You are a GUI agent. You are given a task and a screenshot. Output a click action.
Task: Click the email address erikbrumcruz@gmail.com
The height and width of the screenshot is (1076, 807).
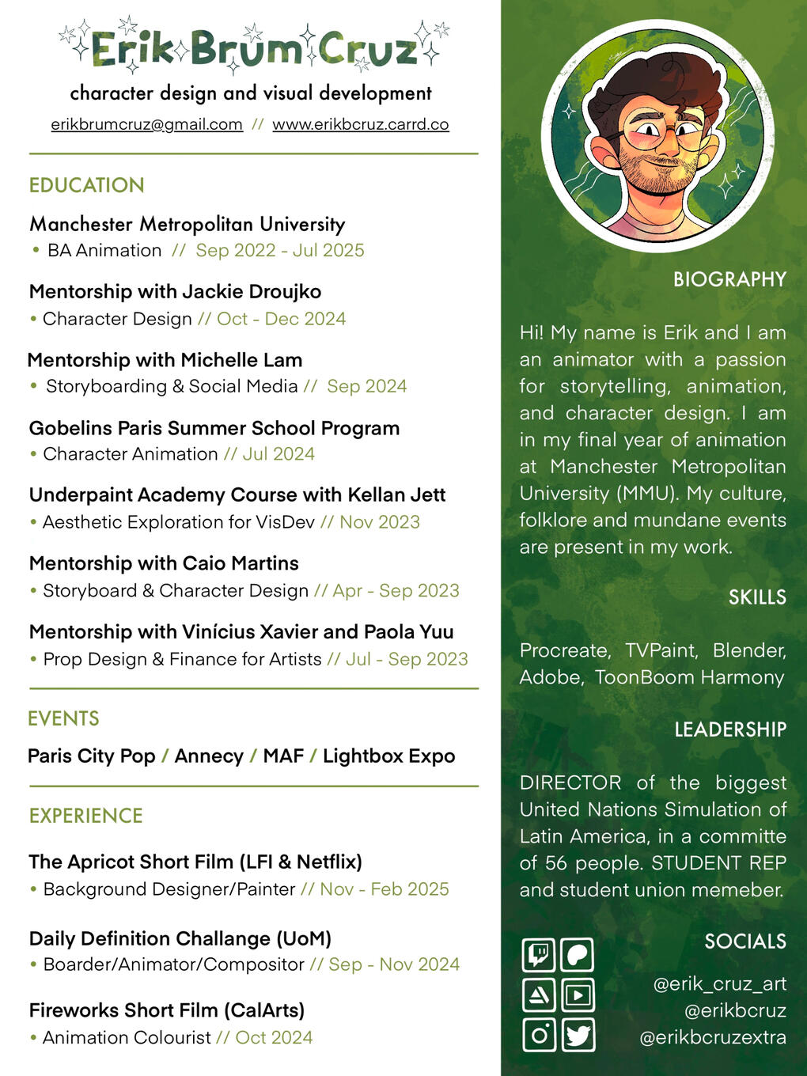click(146, 124)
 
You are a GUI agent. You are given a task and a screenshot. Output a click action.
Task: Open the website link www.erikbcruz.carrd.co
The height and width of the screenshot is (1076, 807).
click(360, 124)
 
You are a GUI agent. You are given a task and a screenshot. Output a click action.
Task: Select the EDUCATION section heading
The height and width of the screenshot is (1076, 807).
click(87, 185)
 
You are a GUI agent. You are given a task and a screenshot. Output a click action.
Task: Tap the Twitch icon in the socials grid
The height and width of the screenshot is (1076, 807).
click(539, 954)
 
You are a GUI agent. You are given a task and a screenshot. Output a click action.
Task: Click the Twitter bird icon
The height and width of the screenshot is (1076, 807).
click(578, 1035)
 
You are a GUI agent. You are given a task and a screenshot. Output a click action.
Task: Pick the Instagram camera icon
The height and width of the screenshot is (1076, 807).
click(539, 1035)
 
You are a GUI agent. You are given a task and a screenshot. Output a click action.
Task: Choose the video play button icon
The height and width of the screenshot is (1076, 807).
click(578, 995)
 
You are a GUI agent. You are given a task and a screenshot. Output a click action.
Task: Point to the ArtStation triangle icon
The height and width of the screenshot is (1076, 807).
click(539, 995)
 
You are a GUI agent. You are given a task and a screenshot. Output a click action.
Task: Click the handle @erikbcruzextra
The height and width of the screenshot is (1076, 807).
click(712, 1037)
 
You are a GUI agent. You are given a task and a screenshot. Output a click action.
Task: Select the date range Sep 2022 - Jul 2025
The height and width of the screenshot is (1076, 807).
click(280, 251)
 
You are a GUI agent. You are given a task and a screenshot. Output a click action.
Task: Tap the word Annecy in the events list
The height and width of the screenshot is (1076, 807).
click(209, 756)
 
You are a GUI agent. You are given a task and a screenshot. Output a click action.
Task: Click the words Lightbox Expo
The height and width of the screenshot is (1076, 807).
click(388, 756)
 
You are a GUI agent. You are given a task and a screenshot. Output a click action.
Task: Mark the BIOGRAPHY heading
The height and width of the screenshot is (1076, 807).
click(729, 279)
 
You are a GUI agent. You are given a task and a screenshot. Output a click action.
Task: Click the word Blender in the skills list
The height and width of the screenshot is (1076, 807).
click(748, 650)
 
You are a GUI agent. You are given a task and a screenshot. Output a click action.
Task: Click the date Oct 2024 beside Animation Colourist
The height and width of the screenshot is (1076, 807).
click(274, 1037)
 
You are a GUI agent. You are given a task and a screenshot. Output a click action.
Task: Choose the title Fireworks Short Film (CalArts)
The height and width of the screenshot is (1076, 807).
click(167, 1010)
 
